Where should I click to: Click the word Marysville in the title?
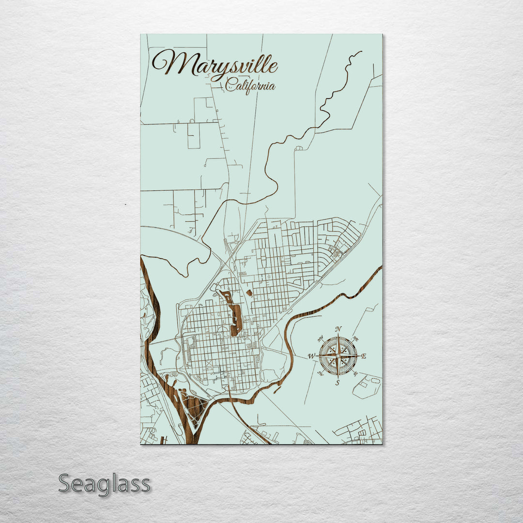click(215, 64)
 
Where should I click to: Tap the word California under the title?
click(250, 87)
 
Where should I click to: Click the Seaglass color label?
click(104, 484)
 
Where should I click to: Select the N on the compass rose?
click(338, 329)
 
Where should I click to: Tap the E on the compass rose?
click(364, 356)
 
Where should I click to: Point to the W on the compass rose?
click(311, 357)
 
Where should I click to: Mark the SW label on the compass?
click(320, 373)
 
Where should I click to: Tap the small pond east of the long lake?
click(249, 293)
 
